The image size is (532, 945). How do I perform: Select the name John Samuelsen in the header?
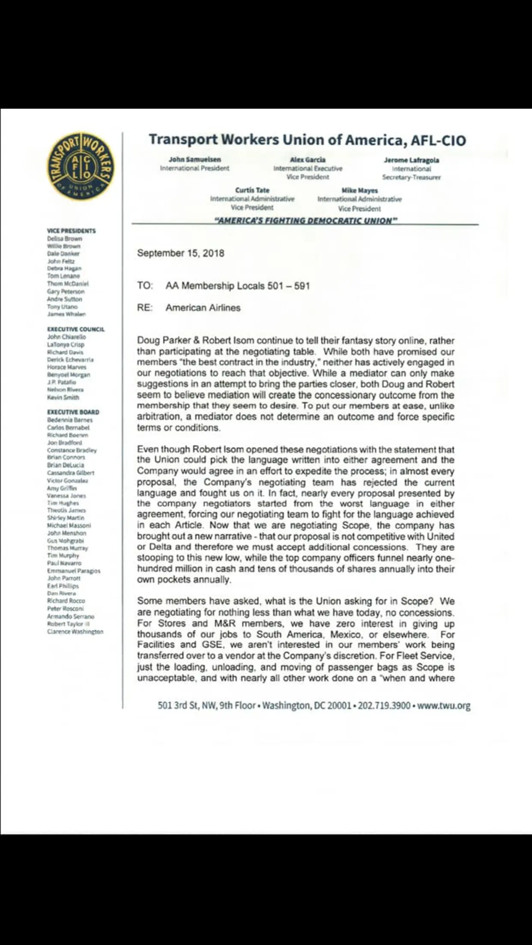(x=195, y=159)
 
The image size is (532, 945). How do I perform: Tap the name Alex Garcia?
(x=308, y=160)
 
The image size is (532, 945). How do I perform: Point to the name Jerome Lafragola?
(x=411, y=160)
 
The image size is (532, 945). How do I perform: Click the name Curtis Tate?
(x=252, y=190)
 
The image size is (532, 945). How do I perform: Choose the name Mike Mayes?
(x=359, y=190)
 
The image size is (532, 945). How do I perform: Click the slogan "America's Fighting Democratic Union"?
(x=306, y=220)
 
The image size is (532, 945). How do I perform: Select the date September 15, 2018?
(x=180, y=253)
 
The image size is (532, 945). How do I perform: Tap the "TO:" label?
(x=145, y=286)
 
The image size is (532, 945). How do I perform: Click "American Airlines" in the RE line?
(x=203, y=308)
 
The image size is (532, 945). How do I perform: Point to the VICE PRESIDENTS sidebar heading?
(x=72, y=231)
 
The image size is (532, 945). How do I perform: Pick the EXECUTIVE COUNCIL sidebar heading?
(x=76, y=329)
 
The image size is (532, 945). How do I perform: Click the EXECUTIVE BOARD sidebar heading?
(x=73, y=412)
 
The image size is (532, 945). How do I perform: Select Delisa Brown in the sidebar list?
(x=65, y=238)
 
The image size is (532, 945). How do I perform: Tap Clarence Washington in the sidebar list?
(x=75, y=631)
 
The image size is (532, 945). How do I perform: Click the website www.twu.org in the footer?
(x=444, y=705)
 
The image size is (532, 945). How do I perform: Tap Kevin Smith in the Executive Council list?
(x=63, y=397)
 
